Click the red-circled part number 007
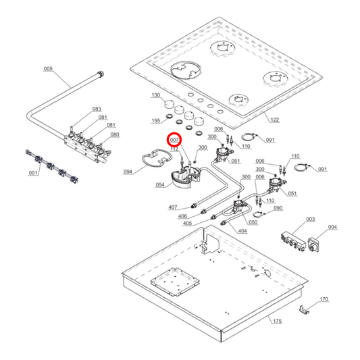click(x=175, y=140)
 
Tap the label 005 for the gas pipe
click(x=48, y=69)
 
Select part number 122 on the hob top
click(x=274, y=120)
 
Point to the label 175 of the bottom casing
click(x=277, y=322)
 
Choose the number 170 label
click(x=324, y=299)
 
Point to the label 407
click(x=173, y=207)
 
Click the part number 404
click(x=242, y=230)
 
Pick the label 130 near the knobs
click(x=156, y=96)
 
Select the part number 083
click(x=97, y=109)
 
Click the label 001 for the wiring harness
click(x=33, y=173)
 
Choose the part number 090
click(x=278, y=208)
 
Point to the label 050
click(x=253, y=222)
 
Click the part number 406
click(x=184, y=215)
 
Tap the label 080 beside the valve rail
click(x=115, y=134)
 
